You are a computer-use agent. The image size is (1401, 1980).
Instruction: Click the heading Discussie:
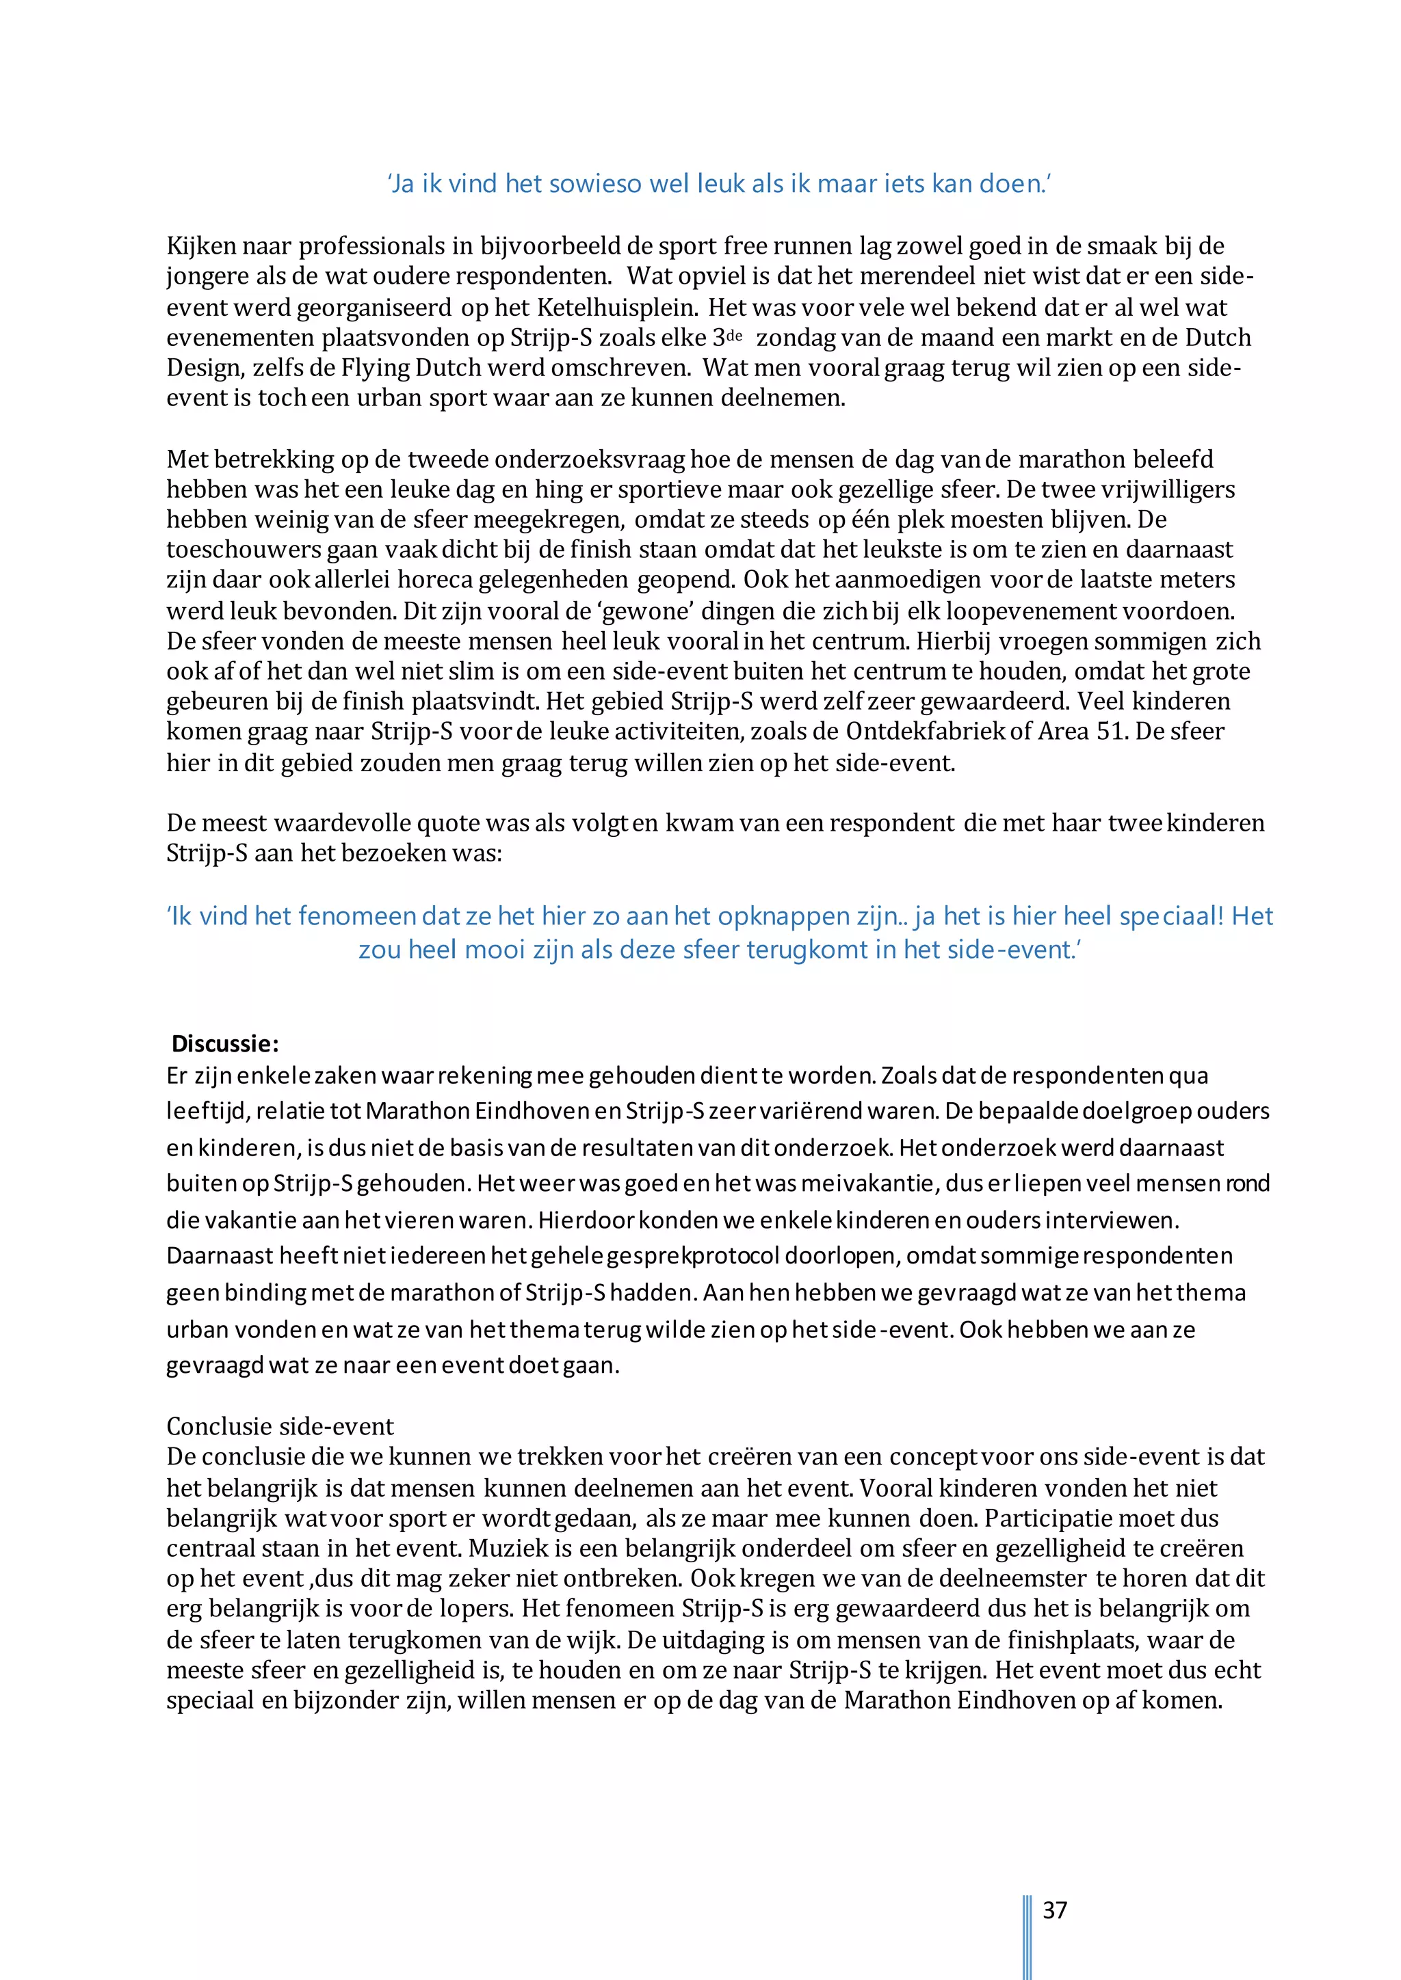pos(225,1043)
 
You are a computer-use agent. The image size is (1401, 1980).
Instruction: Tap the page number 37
pos(1055,1910)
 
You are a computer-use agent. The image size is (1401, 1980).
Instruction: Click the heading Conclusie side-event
pos(280,1426)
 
